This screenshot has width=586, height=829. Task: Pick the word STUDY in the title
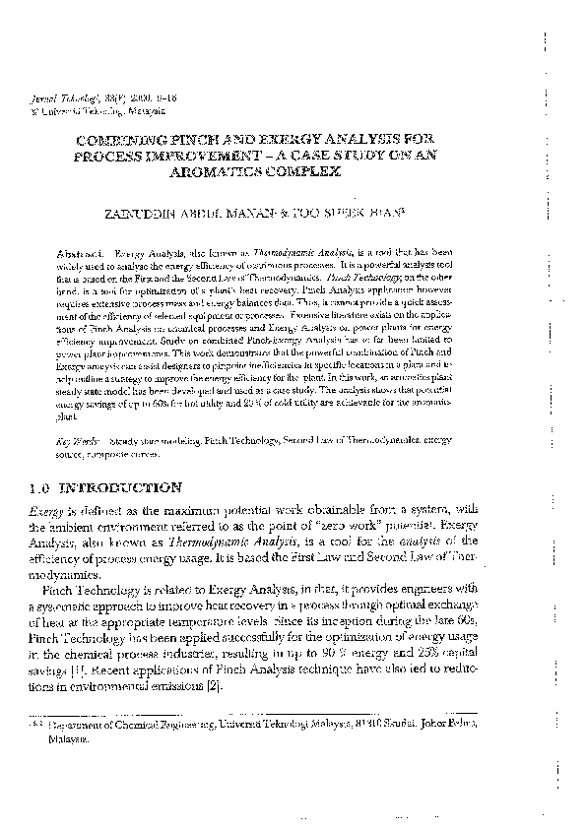(346, 157)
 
